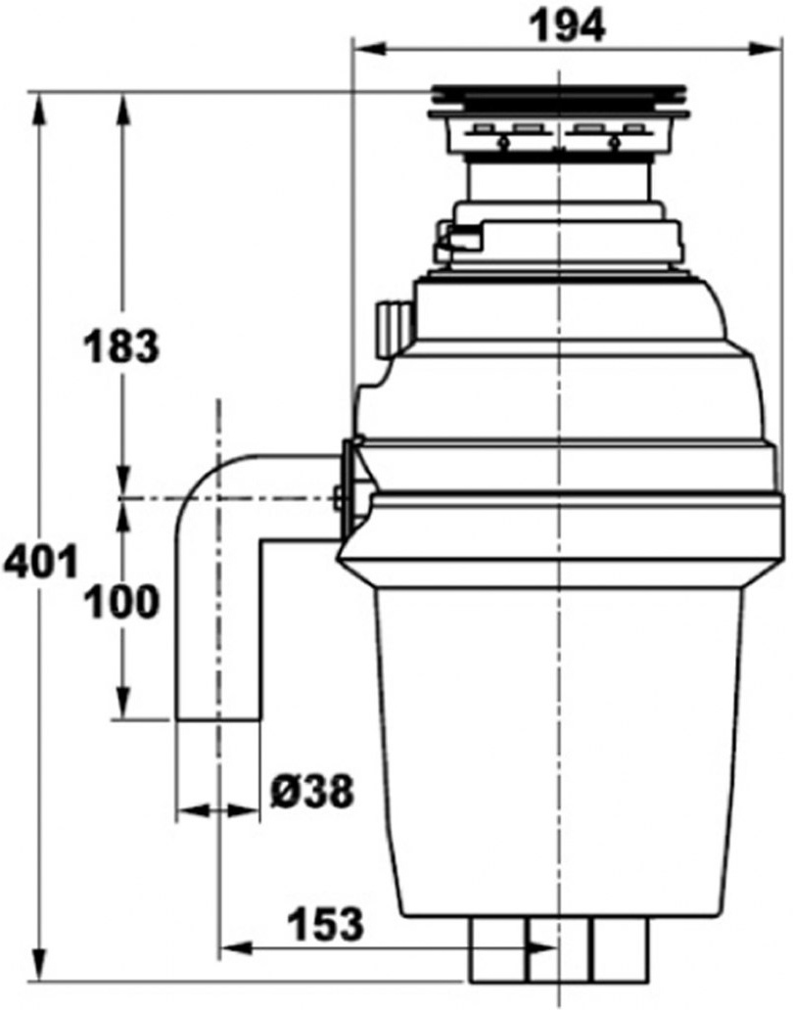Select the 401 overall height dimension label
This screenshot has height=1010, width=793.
pyautogui.click(x=39, y=566)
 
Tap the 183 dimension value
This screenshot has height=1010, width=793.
pyautogui.click(x=119, y=346)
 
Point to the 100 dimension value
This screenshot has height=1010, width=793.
pyautogui.click(x=120, y=602)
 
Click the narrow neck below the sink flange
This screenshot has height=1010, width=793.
pyautogui.click(x=559, y=181)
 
